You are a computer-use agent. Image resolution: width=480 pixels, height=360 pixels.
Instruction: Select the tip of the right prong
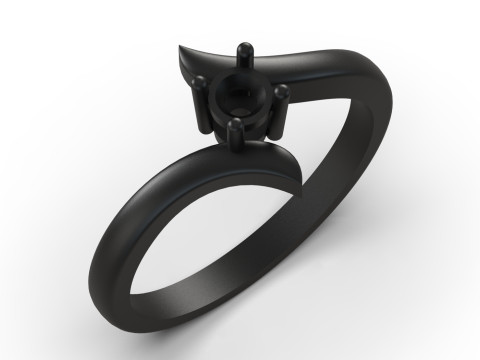285,92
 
